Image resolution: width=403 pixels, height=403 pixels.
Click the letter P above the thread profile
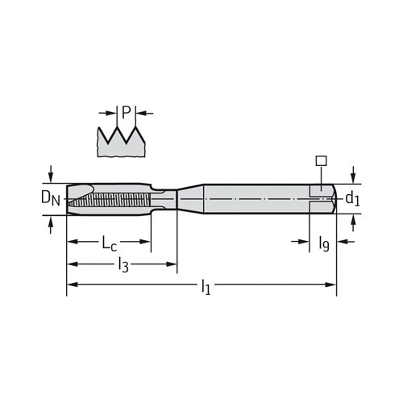(x=126, y=112)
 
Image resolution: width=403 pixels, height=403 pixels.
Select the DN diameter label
(x=51, y=198)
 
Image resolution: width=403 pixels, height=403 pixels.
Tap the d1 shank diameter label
(x=352, y=199)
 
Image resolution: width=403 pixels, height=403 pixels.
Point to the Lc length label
(x=110, y=243)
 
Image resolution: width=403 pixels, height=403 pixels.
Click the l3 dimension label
(x=123, y=266)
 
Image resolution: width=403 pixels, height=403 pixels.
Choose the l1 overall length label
(x=206, y=288)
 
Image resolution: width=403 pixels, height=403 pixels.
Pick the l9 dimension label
(x=324, y=243)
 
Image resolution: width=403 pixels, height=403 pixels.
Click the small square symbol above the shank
(x=321, y=160)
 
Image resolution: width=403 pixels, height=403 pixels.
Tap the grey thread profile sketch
(x=122, y=142)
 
